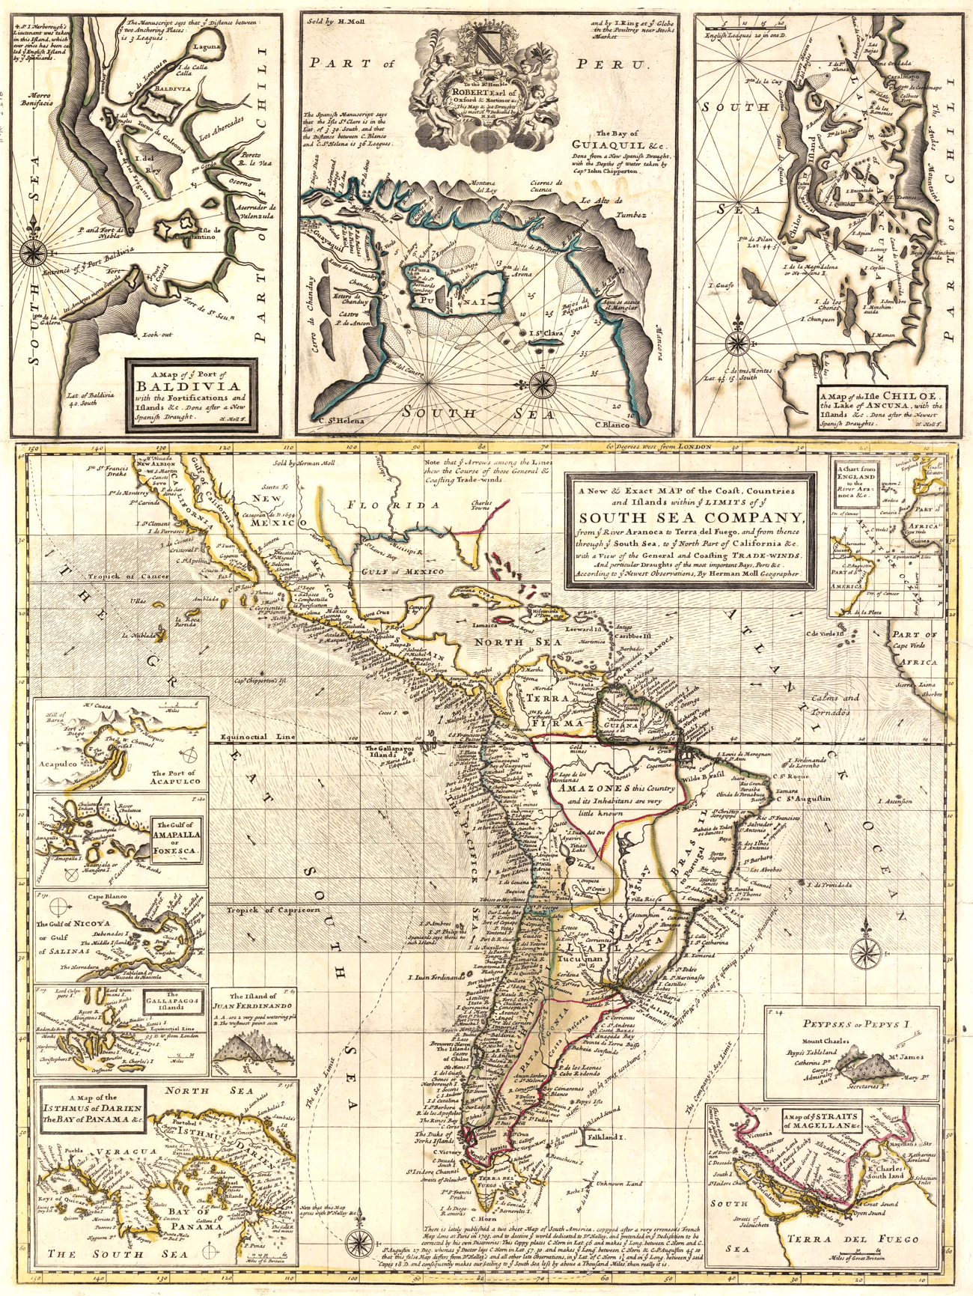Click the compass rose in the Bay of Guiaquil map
[x=540, y=383]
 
